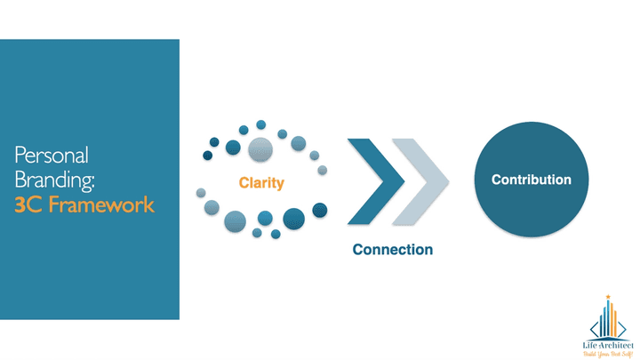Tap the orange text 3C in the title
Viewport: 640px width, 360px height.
coord(28,205)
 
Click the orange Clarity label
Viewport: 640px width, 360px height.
coord(261,183)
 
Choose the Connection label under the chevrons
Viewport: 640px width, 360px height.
coord(392,250)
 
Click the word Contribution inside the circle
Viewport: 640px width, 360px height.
coord(532,180)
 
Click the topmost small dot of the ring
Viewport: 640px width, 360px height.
coord(261,124)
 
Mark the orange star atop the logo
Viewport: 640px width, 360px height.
coord(608,297)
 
